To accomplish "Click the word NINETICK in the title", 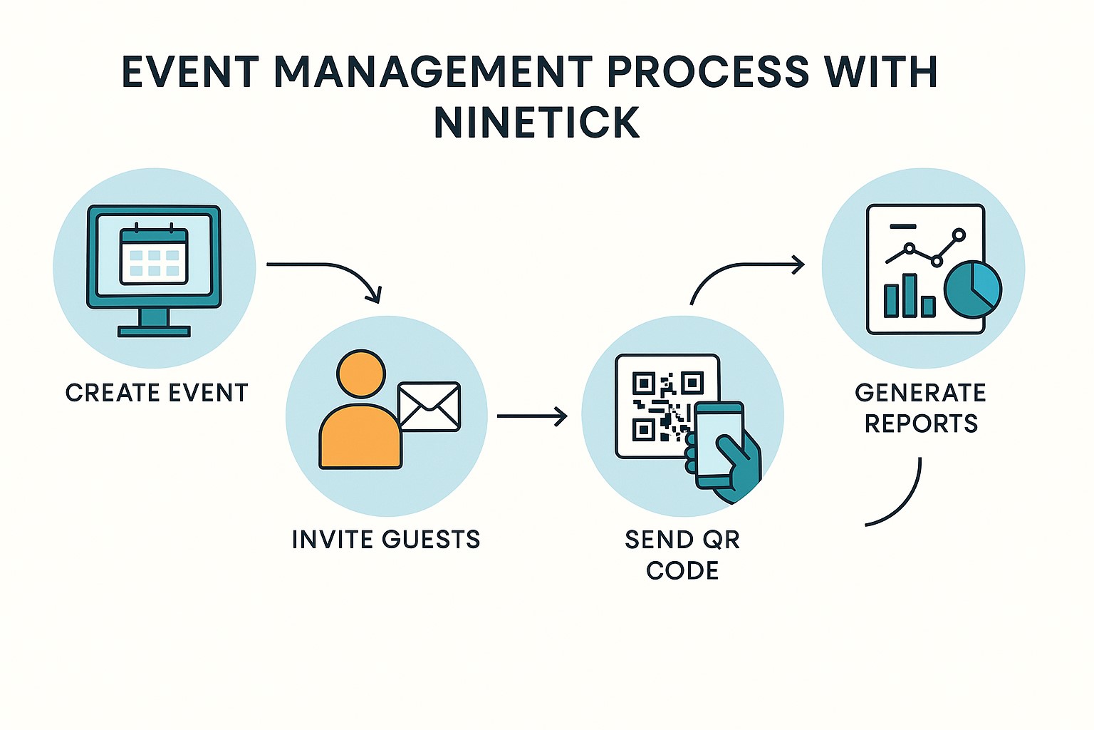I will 536,123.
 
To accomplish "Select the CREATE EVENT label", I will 157,393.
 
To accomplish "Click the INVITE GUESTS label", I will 386,540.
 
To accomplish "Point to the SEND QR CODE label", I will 682,555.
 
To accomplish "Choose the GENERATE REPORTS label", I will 920,408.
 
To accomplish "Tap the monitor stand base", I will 154,331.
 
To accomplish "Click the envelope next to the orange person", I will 429,407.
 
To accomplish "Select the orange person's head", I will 361,374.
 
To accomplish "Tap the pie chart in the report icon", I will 972,289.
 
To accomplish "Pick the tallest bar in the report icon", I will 909,295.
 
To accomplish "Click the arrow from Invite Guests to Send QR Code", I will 531,416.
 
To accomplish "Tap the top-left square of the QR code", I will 643,384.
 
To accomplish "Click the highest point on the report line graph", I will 959,235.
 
